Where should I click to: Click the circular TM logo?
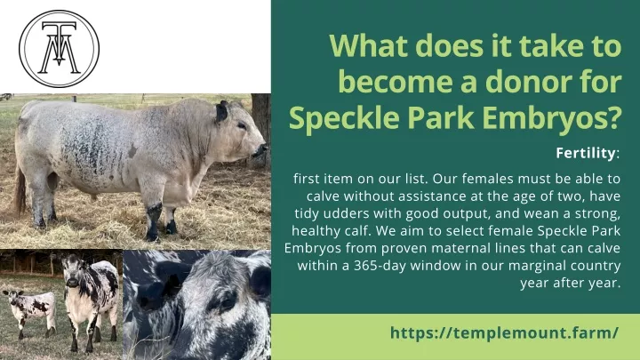click(60, 49)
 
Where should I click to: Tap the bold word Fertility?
click(585, 153)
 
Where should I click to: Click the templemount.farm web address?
click(504, 332)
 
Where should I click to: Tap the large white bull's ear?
click(221, 112)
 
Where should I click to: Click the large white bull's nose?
click(260, 150)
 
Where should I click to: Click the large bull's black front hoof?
click(152, 235)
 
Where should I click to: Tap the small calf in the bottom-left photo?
click(30, 312)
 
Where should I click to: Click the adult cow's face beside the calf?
click(73, 270)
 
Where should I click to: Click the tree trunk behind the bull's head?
click(260, 118)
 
